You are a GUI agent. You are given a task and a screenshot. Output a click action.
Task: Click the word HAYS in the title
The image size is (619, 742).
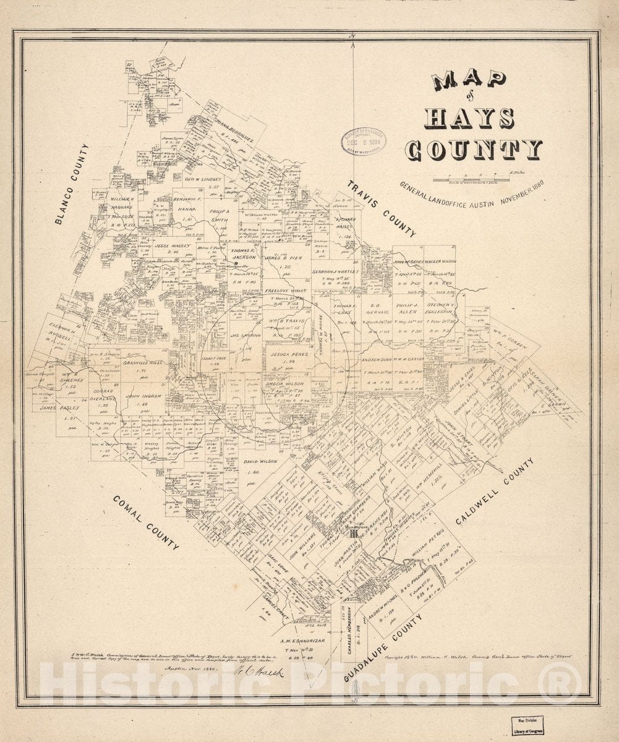(x=469, y=117)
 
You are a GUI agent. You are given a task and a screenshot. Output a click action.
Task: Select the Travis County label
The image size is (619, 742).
(x=381, y=209)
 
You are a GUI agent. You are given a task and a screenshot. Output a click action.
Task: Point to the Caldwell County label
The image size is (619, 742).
(x=495, y=492)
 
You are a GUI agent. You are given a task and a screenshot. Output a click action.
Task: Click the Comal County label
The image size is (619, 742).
(x=146, y=522)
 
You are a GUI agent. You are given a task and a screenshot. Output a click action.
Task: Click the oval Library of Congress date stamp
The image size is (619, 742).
(x=363, y=141)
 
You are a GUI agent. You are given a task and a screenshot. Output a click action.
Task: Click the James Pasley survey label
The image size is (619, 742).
(x=57, y=408)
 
